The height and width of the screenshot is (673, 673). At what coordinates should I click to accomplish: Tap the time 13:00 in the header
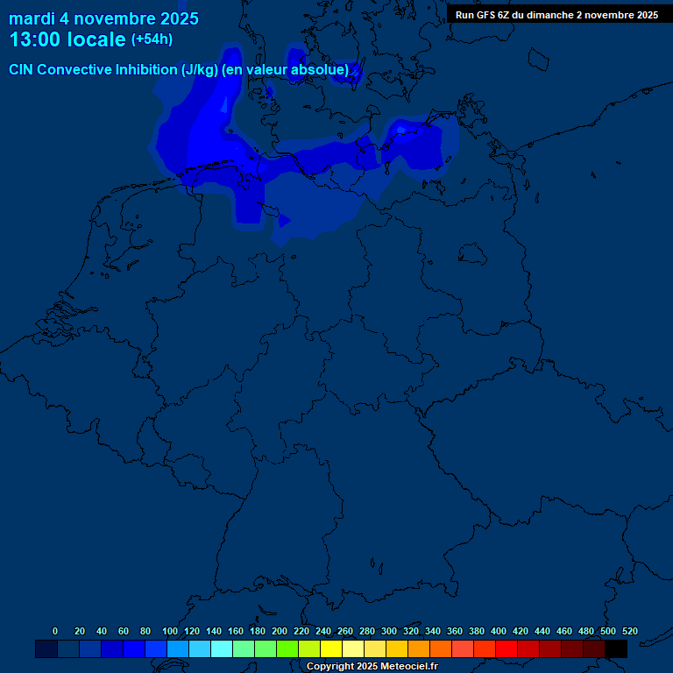35,39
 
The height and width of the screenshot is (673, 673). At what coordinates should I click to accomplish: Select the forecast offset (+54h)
152,39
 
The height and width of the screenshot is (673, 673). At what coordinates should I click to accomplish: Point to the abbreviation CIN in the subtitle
21,70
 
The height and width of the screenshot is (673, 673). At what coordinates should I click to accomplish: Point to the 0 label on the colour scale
55,631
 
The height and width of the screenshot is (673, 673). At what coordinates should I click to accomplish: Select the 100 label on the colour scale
170,631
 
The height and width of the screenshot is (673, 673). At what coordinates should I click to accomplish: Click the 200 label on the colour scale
280,631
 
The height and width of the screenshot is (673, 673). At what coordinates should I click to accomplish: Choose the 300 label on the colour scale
389,631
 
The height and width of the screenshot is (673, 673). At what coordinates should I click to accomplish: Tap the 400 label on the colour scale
499,631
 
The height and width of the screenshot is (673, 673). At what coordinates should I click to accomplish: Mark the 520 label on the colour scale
629,631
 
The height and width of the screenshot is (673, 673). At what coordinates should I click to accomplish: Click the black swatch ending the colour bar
616,648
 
